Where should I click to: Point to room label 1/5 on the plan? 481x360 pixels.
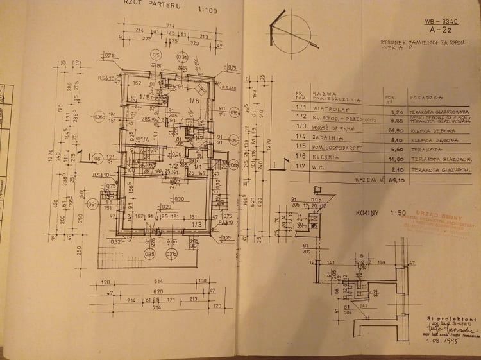pyautogui.click(x=144, y=98)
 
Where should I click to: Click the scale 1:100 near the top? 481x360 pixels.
pyautogui.click(x=208, y=10)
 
